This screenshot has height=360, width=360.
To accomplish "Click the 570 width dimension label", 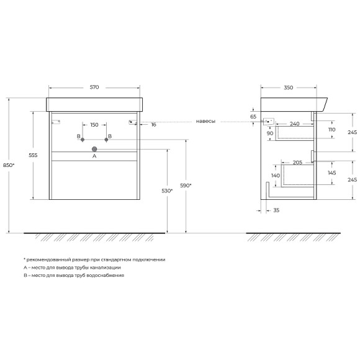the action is pos(94,88).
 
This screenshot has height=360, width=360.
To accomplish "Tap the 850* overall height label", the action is pos(9,165).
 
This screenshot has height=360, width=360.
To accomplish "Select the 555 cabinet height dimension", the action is pos(33,155).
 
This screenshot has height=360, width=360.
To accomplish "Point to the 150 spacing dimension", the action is pos(94,125).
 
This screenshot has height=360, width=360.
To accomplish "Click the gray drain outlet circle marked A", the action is pos(94,149).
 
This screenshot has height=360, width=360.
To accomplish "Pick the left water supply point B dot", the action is pos(83,140).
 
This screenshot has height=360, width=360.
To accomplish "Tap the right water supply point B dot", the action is pos(106,140).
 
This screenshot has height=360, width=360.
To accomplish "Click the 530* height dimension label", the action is pos(167,191).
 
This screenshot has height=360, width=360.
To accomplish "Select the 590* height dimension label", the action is pos(186,186).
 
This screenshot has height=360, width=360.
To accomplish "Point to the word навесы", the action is pos(205,122).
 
